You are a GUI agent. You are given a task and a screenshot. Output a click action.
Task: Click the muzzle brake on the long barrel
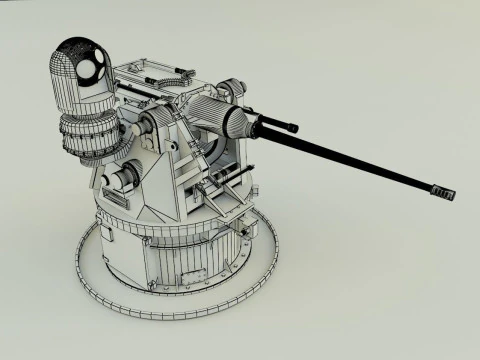(x=442, y=190)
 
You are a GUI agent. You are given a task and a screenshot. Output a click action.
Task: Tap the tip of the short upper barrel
(x=293, y=126)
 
